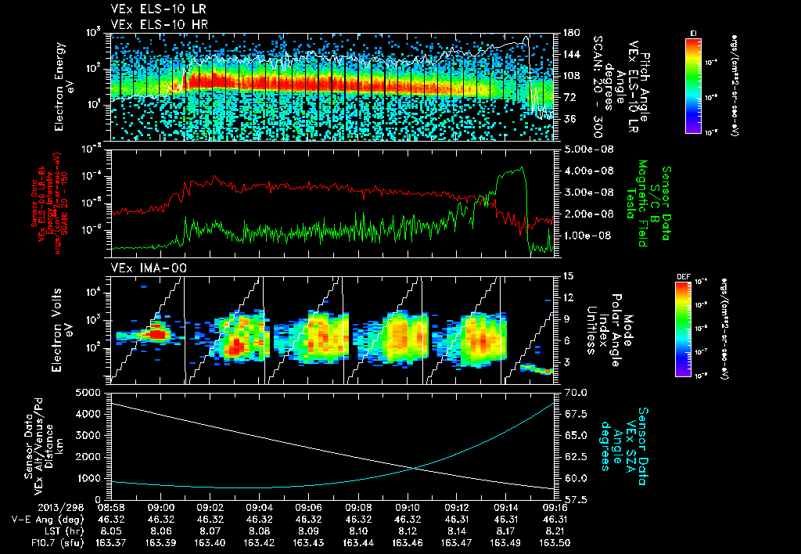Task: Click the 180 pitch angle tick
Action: [569, 33]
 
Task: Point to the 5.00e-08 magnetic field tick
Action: [584, 149]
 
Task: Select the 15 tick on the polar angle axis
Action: [566, 276]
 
